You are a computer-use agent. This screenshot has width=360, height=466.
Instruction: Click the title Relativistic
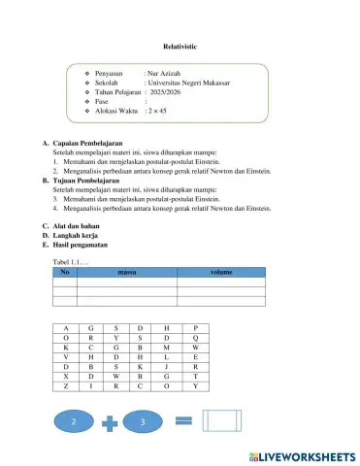(x=181, y=46)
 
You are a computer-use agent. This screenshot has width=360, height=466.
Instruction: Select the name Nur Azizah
(x=164, y=73)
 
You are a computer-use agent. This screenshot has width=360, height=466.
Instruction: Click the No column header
(x=64, y=274)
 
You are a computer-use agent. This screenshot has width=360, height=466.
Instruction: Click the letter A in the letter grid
(x=65, y=328)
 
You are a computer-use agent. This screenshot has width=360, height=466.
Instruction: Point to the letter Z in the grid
(x=65, y=386)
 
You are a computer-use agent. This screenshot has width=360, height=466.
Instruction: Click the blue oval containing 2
(x=74, y=422)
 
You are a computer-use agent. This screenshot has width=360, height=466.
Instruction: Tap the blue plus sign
(x=109, y=422)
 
